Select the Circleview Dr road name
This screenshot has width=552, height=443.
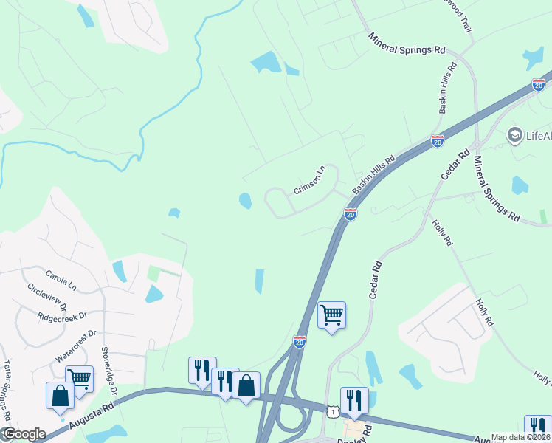pos(46,297)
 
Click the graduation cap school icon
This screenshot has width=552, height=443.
pos(514,135)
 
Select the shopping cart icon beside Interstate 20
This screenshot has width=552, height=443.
pos(331,315)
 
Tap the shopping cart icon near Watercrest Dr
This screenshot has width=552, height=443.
pos(79,380)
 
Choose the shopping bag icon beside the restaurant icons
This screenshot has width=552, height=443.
pos(246,385)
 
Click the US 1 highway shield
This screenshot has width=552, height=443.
pos(334,411)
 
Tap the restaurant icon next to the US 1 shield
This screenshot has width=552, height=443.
pos(354,400)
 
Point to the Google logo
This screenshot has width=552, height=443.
pos(24,434)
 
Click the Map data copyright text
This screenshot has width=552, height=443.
pos(521,437)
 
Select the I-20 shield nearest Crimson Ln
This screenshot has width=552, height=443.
pos(351,214)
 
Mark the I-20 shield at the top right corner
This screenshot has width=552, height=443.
pos(538,85)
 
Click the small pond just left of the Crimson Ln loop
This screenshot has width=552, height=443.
pos(244,200)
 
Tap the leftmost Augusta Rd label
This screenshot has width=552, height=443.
pos(92,416)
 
